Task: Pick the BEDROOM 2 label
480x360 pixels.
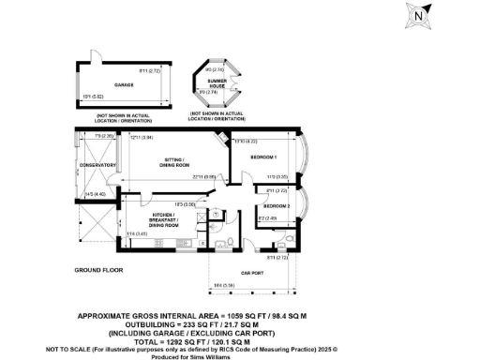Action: coord(277,205)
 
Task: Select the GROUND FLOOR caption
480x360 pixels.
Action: coord(99,270)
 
